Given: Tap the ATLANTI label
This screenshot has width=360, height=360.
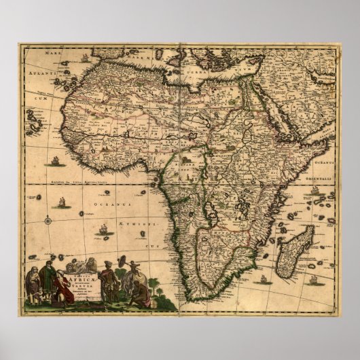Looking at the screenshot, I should pyautogui.click(x=40, y=70).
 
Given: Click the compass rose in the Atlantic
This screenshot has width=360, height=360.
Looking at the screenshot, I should pyautogui.click(x=49, y=219).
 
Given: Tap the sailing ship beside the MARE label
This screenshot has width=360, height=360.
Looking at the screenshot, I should pyautogui.click(x=84, y=58).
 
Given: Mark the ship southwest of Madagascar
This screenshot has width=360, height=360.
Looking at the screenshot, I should pyautogui.click(x=261, y=278).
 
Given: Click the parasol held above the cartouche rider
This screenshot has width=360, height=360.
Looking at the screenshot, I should pyautogui.click(x=123, y=259).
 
